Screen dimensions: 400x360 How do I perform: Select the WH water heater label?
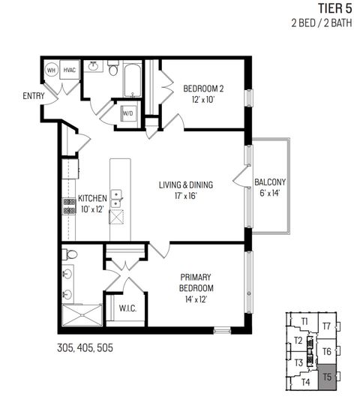tap(52, 70)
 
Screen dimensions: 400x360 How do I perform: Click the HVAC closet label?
tap(70, 70)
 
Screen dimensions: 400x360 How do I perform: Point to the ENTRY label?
tap(34, 95)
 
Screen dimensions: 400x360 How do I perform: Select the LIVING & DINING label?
tap(185, 185)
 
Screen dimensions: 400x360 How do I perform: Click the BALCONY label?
tap(270, 182)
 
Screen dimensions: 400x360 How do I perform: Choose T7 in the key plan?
tap(326, 326)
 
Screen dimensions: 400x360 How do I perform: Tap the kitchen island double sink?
tap(117, 198)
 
